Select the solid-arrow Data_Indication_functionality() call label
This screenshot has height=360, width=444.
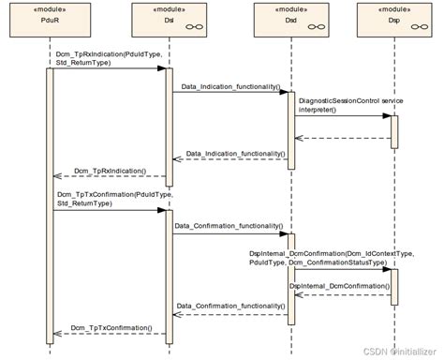pyautogui.click(x=230, y=87)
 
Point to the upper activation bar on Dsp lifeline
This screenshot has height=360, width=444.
pyautogui.click(x=393, y=130)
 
